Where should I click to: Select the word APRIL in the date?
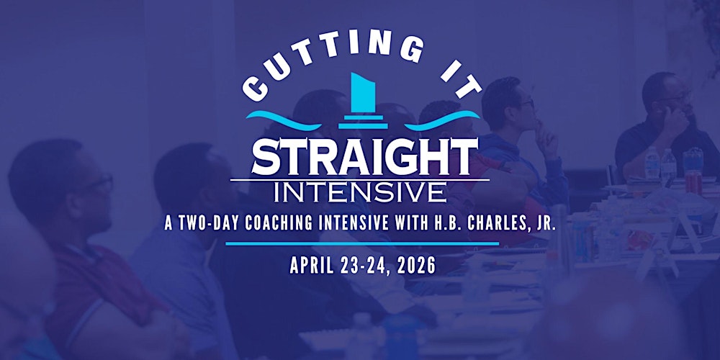pos(312,265)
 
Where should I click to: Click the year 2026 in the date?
pos(415,265)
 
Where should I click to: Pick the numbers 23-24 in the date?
pos(363,265)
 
